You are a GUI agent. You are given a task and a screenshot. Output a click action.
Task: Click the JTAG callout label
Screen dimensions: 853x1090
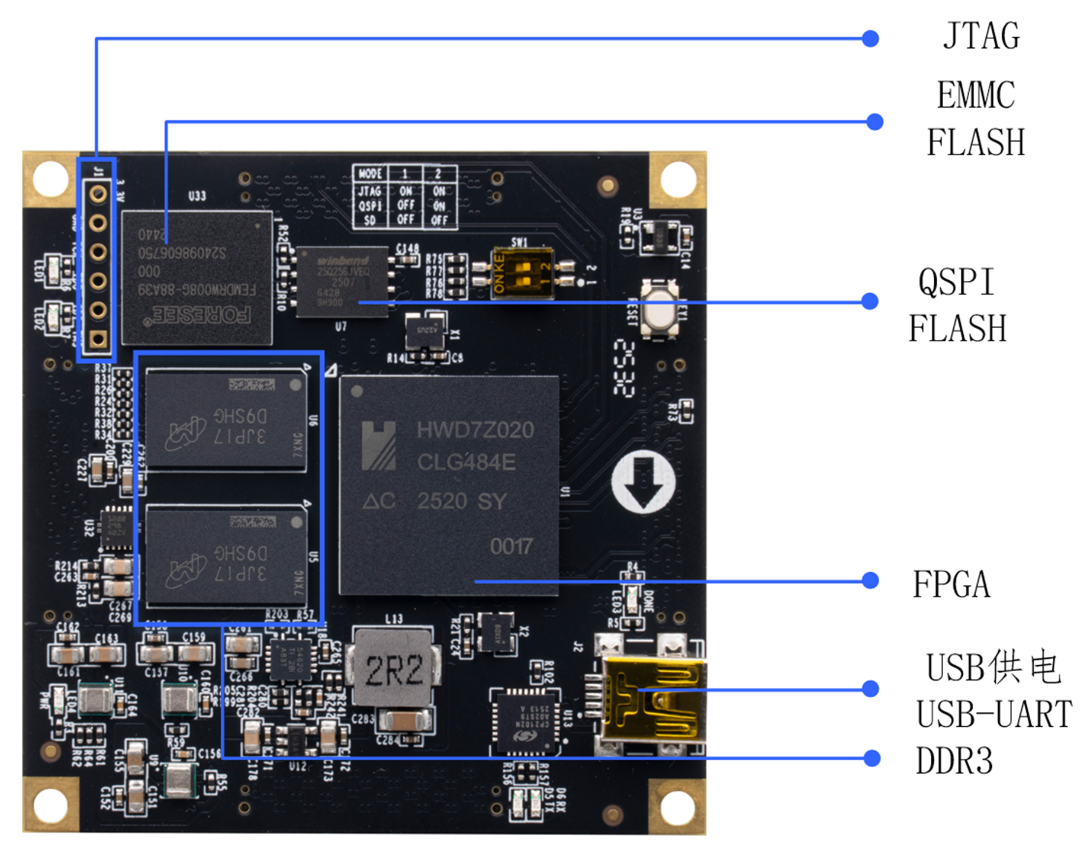coord(981,37)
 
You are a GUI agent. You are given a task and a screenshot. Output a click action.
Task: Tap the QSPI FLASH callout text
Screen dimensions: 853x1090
coord(957,305)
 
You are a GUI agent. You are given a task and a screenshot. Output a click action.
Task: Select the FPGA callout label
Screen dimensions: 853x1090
coord(951,584)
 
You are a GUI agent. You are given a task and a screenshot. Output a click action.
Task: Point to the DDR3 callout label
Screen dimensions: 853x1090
coord(954,761)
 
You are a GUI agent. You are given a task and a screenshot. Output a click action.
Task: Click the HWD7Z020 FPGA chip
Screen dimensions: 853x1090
coord(448,485)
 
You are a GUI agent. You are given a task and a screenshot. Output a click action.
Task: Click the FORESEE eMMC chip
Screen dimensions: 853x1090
coord(197,278)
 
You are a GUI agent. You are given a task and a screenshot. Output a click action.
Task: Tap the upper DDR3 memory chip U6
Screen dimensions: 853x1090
coord(226,421)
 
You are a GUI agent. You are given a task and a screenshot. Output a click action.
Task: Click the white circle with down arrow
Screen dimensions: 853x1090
coord(644,482)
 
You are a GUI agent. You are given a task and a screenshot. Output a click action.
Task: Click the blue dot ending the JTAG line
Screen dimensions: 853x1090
coord(870,39)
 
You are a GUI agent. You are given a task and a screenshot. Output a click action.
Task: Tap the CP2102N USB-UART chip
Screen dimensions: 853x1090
coord(525,720)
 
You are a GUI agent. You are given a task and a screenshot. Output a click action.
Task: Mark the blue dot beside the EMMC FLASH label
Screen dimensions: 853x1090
coord(874,122)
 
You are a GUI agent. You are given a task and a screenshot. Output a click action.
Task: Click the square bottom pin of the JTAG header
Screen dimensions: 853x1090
coord(98,339)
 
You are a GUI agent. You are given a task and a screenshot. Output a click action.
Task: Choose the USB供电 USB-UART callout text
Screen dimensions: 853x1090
coord(993,691)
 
